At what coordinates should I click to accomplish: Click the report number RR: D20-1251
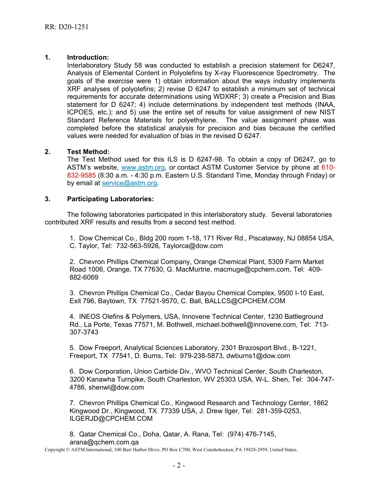click(67, 27)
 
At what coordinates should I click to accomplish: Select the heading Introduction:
click(88, 58)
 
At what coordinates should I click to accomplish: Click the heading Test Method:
click(88, 152)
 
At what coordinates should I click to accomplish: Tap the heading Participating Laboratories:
click(110, 199)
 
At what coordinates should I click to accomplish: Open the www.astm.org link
click(143, 168)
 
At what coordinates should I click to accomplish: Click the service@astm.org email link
click(130, 183)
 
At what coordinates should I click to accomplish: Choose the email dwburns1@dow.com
click(264, 356)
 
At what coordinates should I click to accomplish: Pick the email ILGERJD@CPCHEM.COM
click(111, 418)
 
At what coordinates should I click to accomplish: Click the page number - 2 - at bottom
click(179, 466)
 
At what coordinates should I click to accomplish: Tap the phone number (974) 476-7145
click(251, 434)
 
